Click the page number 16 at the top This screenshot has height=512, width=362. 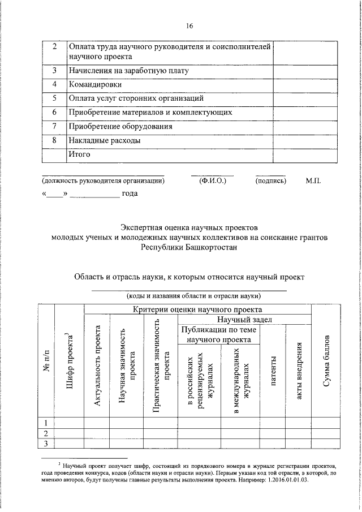coord(189,25)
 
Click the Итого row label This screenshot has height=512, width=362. coord(80,153)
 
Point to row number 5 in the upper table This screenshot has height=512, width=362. coord(54,98)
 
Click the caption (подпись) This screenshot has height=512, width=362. coord(271,182)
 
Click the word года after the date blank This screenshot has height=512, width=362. coord(130,194)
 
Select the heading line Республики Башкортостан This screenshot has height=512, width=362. coord(189,247)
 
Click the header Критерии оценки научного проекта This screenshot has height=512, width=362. coord(197,309)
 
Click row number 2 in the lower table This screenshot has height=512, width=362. coord(46,433)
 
